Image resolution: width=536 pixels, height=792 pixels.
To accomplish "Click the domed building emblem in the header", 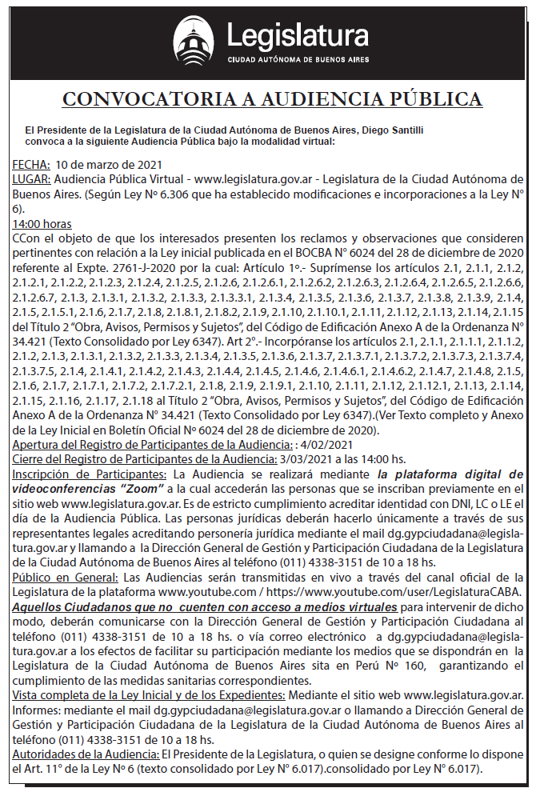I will (x=194, y=41).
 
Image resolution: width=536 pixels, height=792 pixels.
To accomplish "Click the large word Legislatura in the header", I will (x=297, y=36).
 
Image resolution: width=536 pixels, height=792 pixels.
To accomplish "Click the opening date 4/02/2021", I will (x=330, y=444).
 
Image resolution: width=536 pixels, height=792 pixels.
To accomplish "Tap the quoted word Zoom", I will (x=157, y=487).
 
